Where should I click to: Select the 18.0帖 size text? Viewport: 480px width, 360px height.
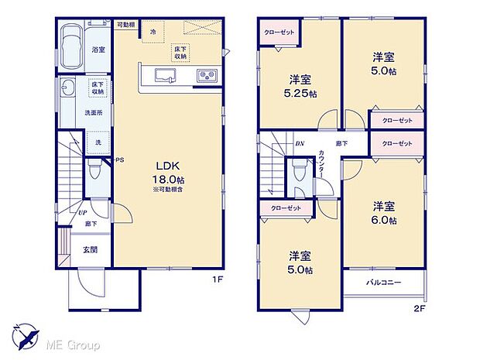coord(170,179)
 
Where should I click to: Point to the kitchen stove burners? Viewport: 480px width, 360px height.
coord(208,76)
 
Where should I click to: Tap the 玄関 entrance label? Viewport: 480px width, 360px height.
coord(89,249)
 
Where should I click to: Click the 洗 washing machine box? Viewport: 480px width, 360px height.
coord(97,144)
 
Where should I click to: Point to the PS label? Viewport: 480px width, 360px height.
coord(119,161)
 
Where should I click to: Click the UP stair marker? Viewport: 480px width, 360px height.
coord(81,211)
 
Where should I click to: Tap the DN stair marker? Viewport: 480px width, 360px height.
coord(300,144)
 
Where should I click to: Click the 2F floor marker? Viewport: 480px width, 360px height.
coord(419,307)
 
